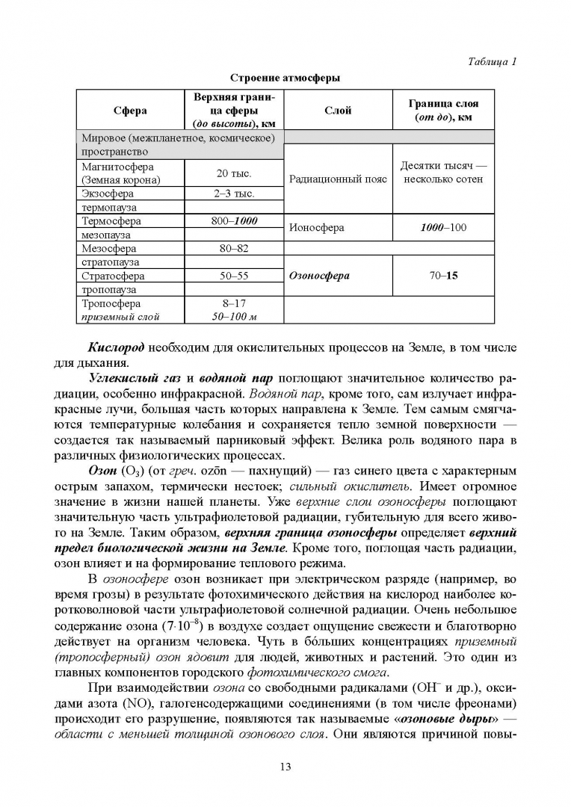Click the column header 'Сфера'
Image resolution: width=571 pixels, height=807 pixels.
coord(130,111)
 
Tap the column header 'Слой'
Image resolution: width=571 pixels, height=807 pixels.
coord(337,111)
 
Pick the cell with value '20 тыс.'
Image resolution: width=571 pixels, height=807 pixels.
coord(233,173)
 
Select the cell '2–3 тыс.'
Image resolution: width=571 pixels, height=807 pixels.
coord(233,194)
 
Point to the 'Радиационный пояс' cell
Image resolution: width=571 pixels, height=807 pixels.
coord(337,180)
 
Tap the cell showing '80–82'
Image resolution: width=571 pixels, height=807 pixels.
coord(233,248)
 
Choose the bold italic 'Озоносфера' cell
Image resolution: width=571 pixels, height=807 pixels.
coord(319,275)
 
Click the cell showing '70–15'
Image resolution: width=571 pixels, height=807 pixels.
coord(443,275)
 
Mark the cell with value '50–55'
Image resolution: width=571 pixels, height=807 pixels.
coord(233,276)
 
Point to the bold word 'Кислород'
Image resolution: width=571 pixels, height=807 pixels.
coord(116,348)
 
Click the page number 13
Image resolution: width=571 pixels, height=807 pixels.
coord(285,767)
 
